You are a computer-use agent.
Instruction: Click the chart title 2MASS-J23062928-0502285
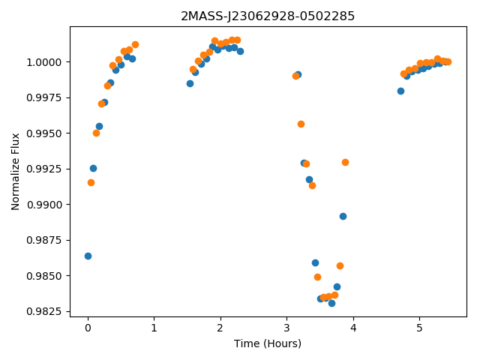tap(268, 16)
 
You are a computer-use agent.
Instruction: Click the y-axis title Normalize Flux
tap(15, 172)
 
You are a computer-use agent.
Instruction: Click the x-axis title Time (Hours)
tap(268, 343)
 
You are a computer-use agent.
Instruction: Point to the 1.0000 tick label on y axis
tap(44, 62)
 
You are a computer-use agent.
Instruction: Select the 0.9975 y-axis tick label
tap(44, 98)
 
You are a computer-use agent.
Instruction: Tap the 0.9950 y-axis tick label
tap(44, 133)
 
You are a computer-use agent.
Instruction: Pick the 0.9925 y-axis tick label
tap(44, 169)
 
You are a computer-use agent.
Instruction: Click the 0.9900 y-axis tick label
tap(44, 205)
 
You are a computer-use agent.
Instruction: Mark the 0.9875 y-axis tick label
tap(44, 240)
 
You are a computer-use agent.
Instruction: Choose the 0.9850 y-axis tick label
tap(44, 276)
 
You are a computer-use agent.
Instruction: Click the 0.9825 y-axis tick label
tap(44, 312)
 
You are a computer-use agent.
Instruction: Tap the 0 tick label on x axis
tap(88, 328)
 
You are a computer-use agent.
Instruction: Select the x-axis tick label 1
tap(154, 328)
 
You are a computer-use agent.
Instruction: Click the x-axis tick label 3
tap(286, 328)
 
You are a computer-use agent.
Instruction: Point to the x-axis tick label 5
tap(419, 328)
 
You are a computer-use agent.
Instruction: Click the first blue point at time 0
tap(88, 256)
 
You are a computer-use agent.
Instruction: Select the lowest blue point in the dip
tap(331, 303)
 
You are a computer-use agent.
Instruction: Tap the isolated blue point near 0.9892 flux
tap(343, 217)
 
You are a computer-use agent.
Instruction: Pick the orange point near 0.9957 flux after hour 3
tap(301, 124)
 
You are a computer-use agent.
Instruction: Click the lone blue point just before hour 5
tap(400, 91)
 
